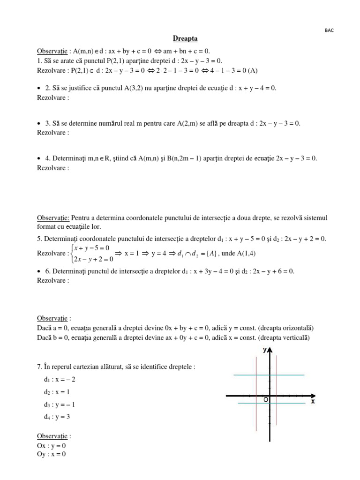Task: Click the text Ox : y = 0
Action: pyautogui.click(x=52, y=445)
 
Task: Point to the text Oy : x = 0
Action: pyautogui.click(x=52, y=454)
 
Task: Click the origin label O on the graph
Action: pyautogui.click(x=266, y=400)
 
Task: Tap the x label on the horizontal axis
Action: pyautogui.click(x=313, y=402)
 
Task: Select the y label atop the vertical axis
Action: pyautogui.click(x=265, y=350)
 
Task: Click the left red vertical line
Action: pyautogui.click(x=256, y=389)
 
